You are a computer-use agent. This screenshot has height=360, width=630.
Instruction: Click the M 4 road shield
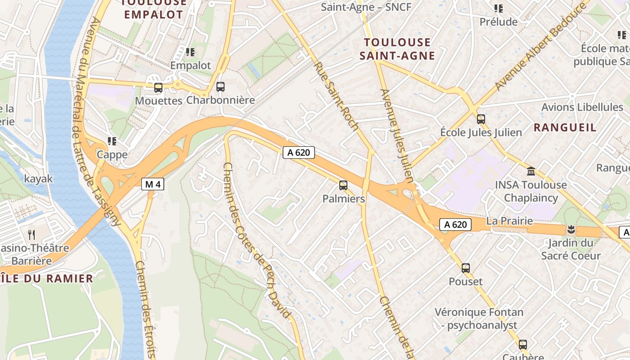click(153, 184)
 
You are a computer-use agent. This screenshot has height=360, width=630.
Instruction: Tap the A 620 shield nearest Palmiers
click(298, 153)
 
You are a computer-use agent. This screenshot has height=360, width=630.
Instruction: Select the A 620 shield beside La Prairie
click(455, 225)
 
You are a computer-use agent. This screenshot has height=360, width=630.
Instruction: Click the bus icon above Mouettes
click(158, 88)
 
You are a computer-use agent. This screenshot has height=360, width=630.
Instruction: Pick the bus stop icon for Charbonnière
click(220, 87)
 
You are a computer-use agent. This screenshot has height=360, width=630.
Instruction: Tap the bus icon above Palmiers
click(343, 185)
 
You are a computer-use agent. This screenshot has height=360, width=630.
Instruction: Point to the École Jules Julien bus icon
click(481, 119)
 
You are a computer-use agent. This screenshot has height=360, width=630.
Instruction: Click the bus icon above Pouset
click(466, 268)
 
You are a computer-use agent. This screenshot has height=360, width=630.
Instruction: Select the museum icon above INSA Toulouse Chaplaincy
click(531, 171)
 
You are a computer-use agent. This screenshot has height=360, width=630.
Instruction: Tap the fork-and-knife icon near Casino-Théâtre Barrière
click(31, 234)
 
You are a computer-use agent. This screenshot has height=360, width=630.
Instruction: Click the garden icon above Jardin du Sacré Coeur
click(571, 230)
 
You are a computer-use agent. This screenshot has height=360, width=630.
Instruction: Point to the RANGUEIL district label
click(565, 127)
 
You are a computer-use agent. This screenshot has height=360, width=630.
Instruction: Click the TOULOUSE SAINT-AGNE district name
click(399, 49)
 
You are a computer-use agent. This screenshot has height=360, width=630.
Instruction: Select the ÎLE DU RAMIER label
click(47, 278)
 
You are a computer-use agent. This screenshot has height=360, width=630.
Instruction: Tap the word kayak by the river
click(39, 179)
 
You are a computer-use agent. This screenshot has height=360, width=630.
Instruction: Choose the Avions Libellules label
click(582, 107)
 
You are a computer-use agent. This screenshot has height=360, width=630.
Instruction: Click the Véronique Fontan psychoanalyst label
click(479, 319)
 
